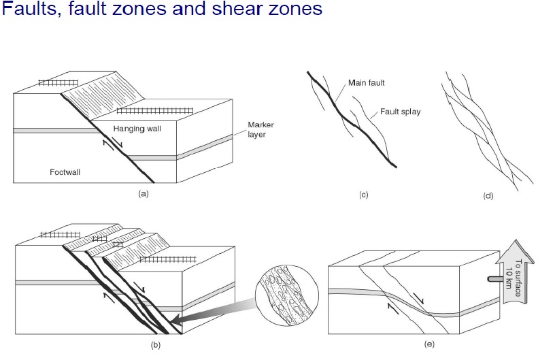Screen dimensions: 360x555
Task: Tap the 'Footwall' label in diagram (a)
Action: point(65,172)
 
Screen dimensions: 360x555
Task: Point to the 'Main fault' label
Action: point(367,82)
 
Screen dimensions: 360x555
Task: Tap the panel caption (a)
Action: point(143,193)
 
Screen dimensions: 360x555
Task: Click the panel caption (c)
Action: point(364,195)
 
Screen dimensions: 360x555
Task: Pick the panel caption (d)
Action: point(488,196)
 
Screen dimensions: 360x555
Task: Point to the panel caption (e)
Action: point(428,345)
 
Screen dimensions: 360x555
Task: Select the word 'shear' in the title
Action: point(217,10)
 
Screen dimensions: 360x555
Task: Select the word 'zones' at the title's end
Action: point(286,10)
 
